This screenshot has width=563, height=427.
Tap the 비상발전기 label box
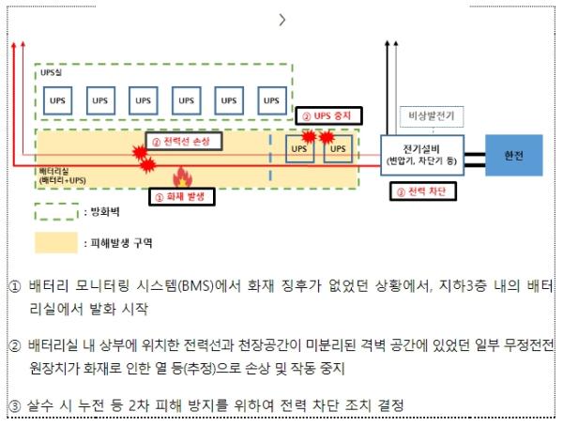pyautogui.click(x=430, y=115)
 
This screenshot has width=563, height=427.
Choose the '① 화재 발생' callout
pyautogui.click(x=182, y=196)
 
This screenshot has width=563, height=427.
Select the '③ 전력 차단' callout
pyautogui.click(x=420, y=191)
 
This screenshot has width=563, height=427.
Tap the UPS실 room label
pyautogui.click(x=53, y=72)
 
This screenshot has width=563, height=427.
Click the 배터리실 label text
pyautogui.click(x=53, y=174)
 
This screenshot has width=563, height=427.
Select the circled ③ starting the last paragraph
pyautogui.click(x=12, y=406)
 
